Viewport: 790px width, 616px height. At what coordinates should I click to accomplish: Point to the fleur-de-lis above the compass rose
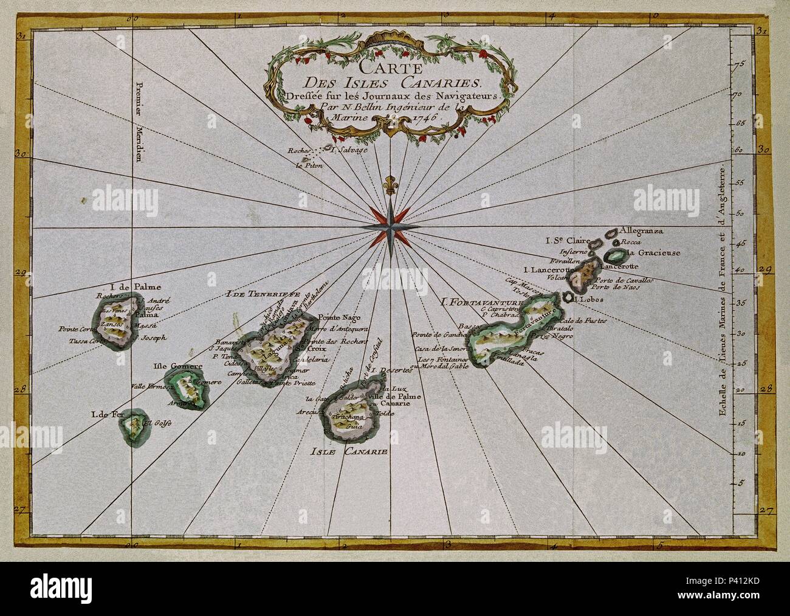tap(388, 185)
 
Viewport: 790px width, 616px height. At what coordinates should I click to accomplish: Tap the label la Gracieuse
tap(653, 252)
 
